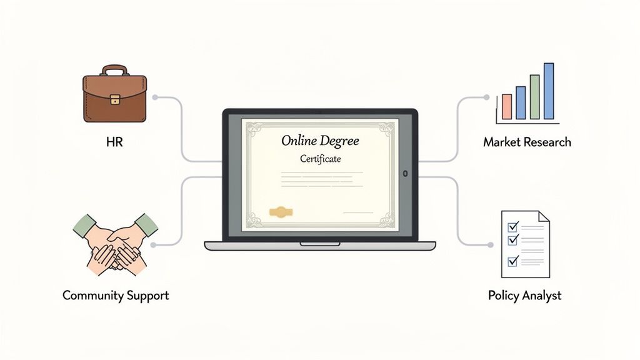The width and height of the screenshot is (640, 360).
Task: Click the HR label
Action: pos(114,142)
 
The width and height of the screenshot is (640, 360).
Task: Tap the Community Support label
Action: pos(116,295)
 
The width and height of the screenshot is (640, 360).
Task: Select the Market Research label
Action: pos(527,142)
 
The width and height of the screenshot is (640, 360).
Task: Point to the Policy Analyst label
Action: pos(525,295)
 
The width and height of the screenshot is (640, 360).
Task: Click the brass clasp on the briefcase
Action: pos(114,99)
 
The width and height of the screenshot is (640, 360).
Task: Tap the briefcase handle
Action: pos(114,69)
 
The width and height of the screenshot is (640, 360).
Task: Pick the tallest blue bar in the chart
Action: pos(549,91)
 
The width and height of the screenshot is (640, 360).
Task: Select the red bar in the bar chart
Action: pos(507,106)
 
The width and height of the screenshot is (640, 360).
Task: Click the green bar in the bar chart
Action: pos(534,97)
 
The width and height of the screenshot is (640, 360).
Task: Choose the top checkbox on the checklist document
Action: pos(514,225)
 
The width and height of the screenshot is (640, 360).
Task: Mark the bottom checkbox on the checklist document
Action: pos(514,261)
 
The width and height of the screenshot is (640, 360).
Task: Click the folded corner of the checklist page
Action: pos(543,217)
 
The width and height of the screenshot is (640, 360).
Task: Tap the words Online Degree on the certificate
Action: pos(320,141)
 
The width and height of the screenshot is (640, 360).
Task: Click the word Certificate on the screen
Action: pos(320,159)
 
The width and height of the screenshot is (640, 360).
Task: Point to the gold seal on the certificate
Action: pos(281,212)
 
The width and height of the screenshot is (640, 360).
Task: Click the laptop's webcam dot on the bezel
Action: pos(406,173)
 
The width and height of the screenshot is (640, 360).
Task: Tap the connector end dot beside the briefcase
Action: pos(154,97)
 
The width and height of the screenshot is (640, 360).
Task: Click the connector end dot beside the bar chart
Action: pos(486,97)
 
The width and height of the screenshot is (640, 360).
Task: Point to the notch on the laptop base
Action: pos(320,243)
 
